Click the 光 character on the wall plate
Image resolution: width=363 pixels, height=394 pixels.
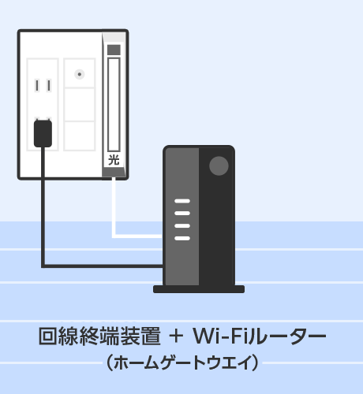114,160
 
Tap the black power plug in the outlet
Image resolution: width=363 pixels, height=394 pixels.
43,133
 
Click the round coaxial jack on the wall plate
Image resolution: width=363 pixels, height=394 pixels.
80,74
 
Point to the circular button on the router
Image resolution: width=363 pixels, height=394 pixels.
219,165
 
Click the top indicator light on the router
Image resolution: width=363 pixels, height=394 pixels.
182,201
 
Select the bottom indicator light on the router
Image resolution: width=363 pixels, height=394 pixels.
182,238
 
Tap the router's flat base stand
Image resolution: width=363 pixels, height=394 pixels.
199,289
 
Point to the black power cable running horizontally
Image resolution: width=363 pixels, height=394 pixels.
103,266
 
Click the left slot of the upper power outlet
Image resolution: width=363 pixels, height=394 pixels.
37,86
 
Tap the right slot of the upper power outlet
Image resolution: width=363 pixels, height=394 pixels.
49,86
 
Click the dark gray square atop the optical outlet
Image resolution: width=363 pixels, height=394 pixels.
114,50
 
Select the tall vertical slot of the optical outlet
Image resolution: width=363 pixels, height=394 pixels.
114,105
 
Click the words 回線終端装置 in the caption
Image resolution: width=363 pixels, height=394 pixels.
99,336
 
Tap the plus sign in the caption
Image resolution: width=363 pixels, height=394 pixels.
176,336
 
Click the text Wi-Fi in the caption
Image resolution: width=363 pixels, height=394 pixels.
220,336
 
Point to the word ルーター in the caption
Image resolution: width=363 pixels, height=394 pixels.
287,336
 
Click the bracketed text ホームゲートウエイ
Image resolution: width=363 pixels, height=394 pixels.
182,362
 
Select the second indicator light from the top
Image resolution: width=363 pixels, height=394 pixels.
182,213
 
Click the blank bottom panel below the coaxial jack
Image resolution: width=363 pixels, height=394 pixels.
80,136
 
